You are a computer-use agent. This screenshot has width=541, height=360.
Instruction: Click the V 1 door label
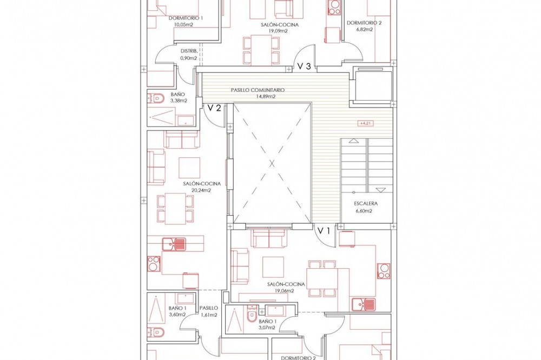coord(324,231)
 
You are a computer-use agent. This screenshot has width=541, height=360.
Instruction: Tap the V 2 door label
coord(214,108)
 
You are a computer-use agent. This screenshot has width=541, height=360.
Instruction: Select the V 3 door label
coord(304,66)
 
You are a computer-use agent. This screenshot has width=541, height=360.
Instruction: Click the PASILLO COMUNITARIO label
coord(258,90)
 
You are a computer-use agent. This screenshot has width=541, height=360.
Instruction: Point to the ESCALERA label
coord(366,204)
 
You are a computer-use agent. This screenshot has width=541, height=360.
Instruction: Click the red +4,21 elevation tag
coord(366,123)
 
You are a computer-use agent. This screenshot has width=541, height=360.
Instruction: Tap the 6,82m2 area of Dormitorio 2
coord(364,30)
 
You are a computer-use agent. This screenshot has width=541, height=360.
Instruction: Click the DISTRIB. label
coord(189,51)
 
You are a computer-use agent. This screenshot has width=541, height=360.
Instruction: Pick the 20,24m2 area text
coord(202,190)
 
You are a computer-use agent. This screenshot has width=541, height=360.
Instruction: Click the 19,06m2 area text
coord(285,291)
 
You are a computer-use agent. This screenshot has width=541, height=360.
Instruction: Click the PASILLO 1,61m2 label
coord(209,311)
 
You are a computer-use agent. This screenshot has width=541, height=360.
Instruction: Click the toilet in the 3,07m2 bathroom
coord(252,315)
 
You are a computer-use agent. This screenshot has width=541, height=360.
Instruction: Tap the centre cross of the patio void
coord(272,164)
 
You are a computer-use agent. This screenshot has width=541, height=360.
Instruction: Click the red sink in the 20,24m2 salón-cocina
coord(174,244)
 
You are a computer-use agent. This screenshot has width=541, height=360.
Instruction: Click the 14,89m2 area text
coord(265,97)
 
